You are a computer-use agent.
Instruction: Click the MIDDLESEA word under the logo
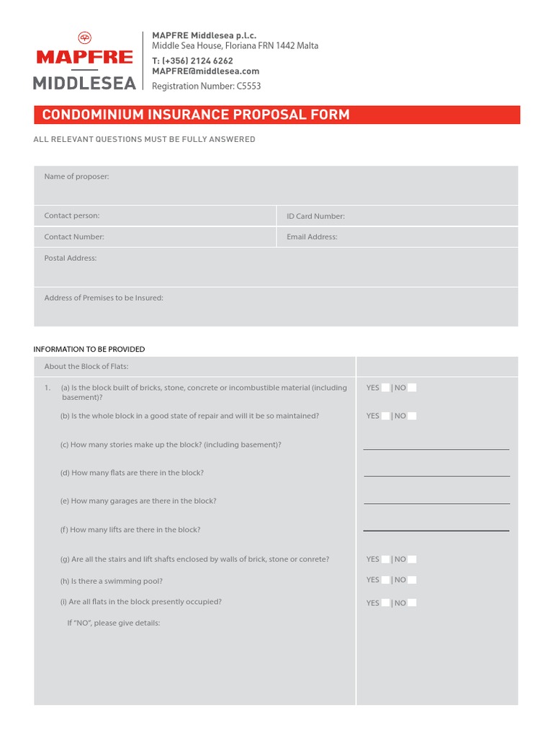click(85, 84)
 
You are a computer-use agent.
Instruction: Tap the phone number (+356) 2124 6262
click(192, 61)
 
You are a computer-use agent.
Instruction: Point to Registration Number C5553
click(206, 86)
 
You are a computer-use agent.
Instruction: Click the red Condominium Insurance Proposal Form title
click(196, 115)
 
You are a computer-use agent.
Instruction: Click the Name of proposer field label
click(76, 177)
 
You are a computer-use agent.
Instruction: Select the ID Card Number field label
click(315, 216)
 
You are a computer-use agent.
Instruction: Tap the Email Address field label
click(312, 236)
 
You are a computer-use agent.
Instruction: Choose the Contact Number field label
click(74, 236)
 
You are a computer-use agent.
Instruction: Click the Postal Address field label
click(71, 258)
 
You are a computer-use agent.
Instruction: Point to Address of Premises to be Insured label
click(104, 298)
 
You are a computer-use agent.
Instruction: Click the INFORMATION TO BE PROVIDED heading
click(89, 350)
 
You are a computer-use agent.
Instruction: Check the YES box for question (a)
click(386, 388)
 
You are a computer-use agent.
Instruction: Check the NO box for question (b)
click(412, 416)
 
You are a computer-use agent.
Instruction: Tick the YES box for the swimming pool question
click(386, 579)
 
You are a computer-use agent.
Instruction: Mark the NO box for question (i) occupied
click(412, 603)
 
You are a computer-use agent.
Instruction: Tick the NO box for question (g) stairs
click(412, 559)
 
